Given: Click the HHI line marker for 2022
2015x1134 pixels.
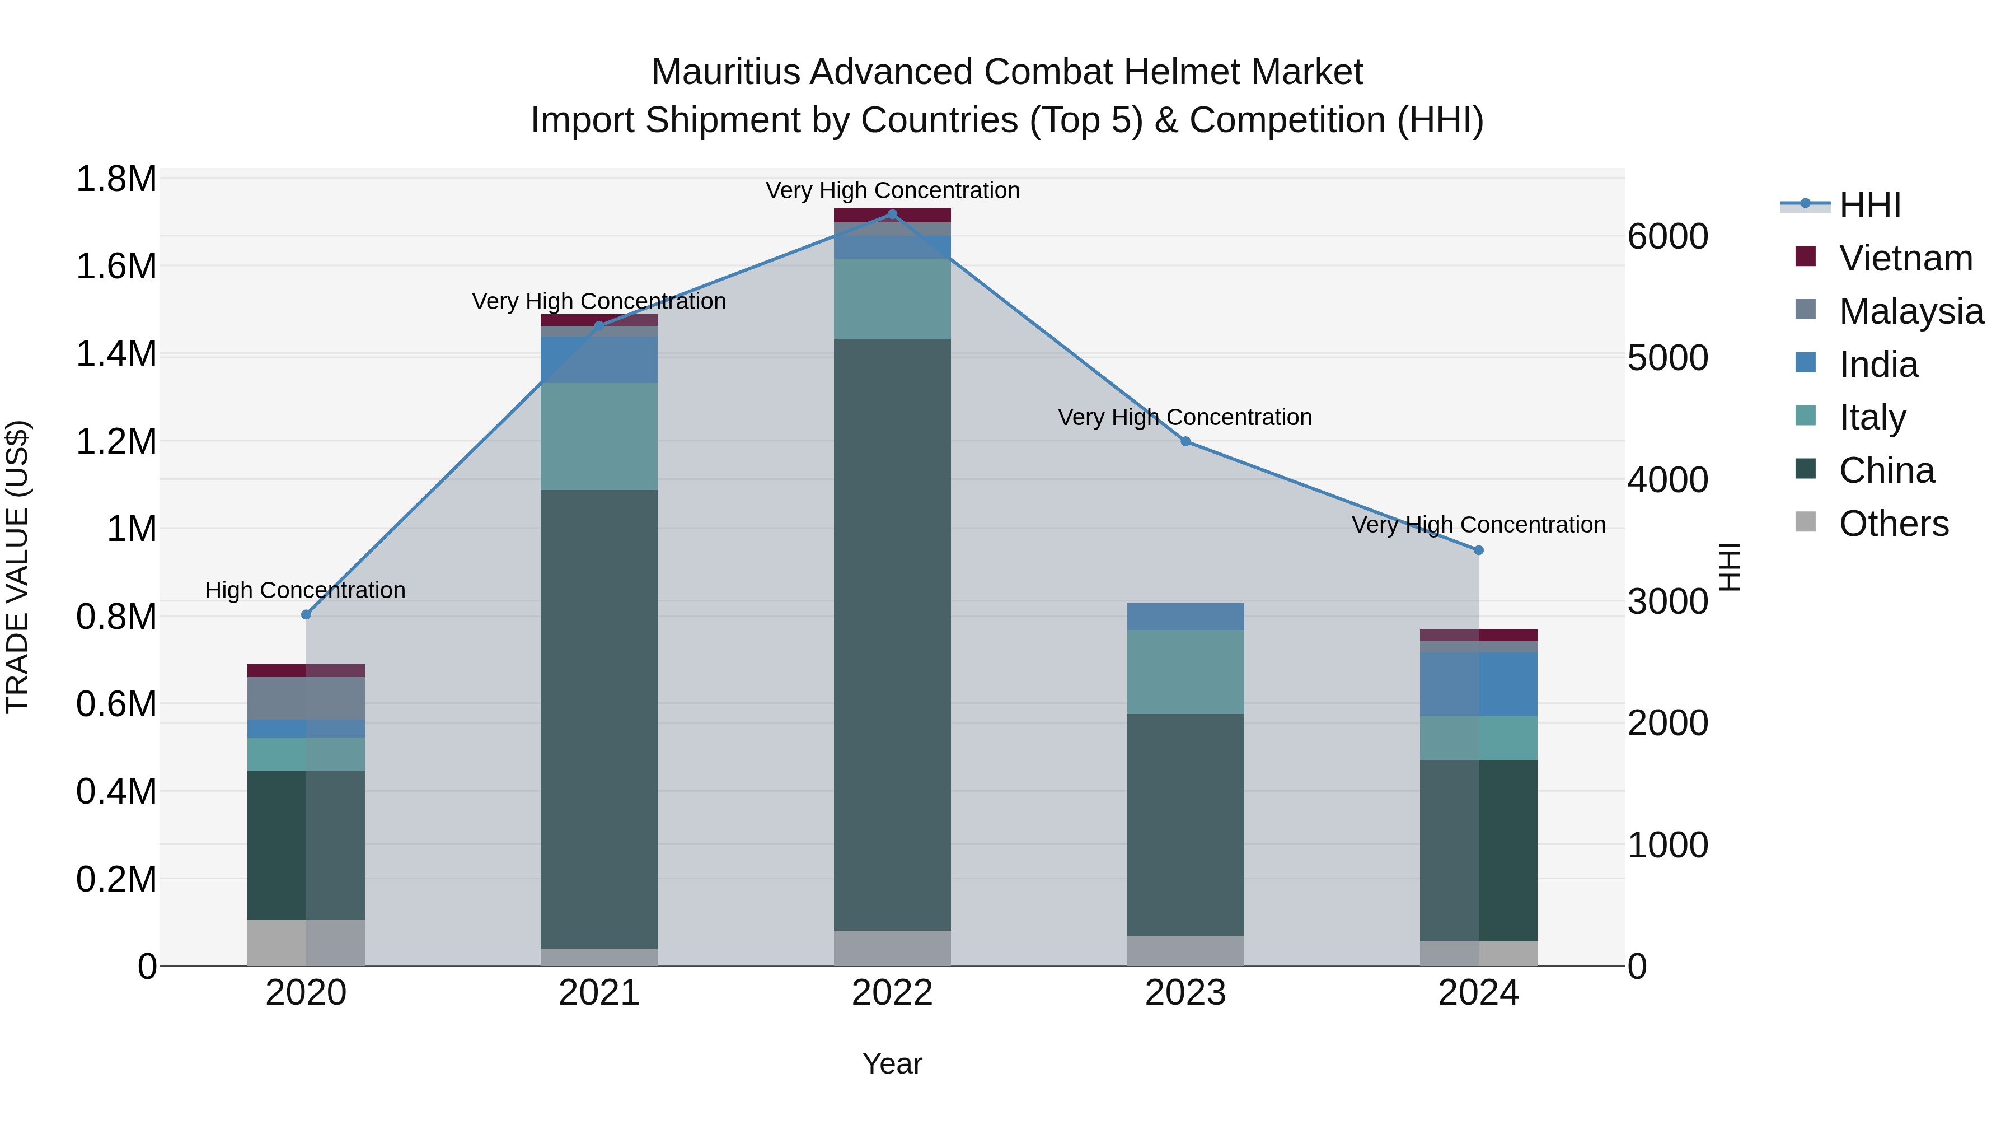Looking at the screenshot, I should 892,214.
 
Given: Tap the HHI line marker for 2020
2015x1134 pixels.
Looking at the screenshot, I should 306,614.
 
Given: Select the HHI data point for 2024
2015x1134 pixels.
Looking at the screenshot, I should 1478,550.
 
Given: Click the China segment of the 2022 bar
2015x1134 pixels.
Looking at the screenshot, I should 892,634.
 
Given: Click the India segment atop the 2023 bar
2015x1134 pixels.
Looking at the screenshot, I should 1184,616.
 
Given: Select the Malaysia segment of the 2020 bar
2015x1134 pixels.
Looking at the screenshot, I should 306,698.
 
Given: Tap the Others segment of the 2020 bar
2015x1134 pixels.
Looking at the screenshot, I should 306,942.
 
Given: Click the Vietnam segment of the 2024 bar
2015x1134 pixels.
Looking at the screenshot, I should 1478,634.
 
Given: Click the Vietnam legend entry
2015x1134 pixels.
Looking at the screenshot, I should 1905,258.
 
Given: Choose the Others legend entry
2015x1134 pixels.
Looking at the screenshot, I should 1893,524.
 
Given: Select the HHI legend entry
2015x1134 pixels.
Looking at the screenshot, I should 1869,205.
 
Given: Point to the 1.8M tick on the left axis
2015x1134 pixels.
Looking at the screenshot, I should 116,179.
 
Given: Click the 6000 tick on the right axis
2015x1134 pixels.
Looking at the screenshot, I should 1668,236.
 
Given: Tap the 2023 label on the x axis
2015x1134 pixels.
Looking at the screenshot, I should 1184,993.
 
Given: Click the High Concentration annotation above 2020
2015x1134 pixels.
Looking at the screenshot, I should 305,590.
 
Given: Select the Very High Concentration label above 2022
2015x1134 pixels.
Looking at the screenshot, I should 892,190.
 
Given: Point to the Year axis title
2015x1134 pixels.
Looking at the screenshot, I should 892,1063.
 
